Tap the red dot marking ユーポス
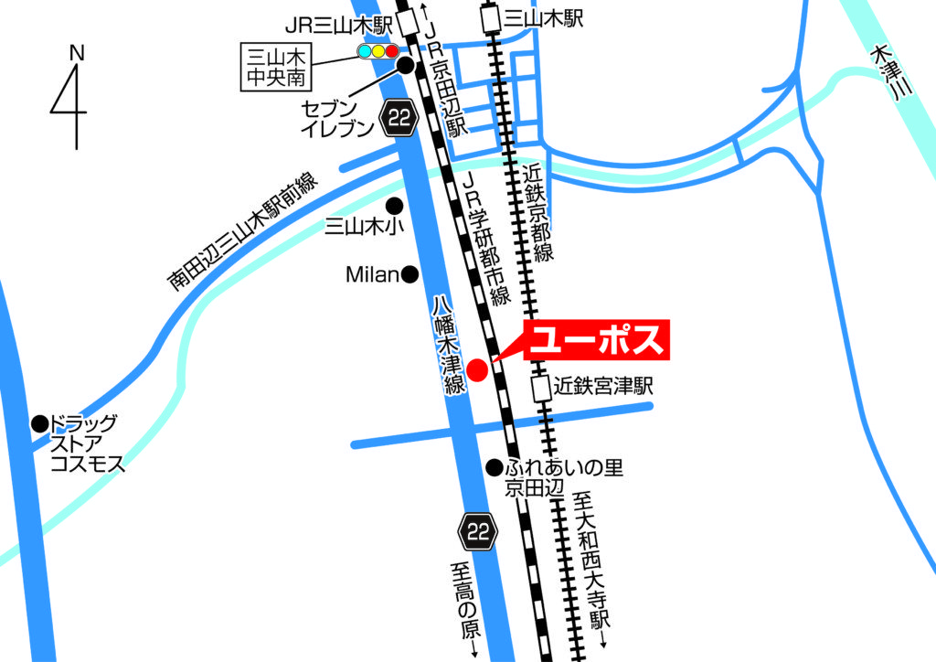476,370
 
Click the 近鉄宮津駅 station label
604,386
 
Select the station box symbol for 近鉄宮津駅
540,388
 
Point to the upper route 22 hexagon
400,117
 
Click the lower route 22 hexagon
478,530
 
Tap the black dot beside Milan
410,273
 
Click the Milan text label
373,273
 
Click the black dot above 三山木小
395,205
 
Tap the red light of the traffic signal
392,51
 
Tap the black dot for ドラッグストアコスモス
39,423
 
